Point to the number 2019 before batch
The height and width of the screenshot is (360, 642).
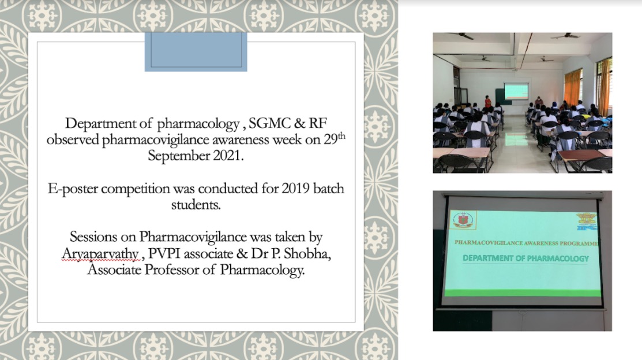tap(295, 189)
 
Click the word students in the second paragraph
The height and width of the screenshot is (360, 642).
tap(196, 205)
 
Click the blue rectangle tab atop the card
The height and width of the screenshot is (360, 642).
tap(196, 51)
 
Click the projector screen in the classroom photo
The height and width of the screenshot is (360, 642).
tap(516, 91)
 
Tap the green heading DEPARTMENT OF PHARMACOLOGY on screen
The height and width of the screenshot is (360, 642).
tap(525, 258)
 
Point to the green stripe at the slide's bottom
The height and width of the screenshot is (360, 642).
tap(521, 293)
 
